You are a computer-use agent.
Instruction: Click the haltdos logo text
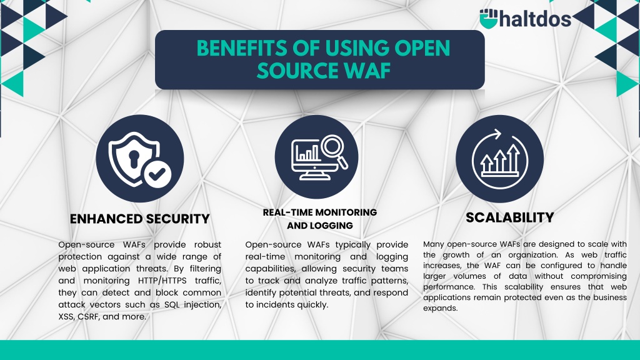[x=536, y=19]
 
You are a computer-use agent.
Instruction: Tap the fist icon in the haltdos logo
[x=489, y=19]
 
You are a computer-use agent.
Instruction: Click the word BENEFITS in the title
[x=242, y=48]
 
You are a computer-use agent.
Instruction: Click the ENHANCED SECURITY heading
[x=139, y=219]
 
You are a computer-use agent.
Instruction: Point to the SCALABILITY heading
[x=510, y=217]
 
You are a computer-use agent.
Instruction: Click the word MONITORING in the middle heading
[x=346, y=212]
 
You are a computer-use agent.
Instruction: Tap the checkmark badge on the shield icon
[x=157, y=174]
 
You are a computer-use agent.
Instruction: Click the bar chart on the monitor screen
[x=308, y=153]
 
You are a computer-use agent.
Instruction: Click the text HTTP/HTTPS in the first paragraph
[x=162, y=281]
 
